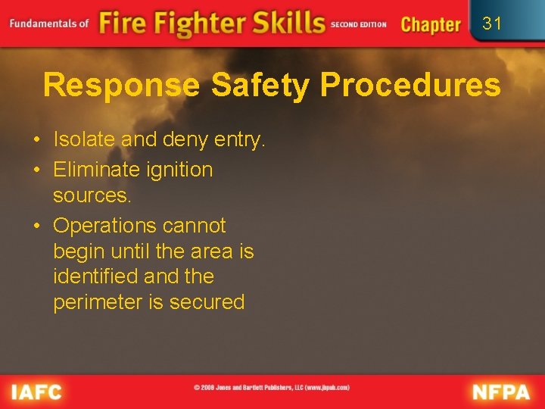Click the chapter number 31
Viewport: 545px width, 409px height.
click(x=492, y=23)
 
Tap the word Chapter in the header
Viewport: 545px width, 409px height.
click(x=430, y=24)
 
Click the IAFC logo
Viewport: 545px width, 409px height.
click(x=36, y=392)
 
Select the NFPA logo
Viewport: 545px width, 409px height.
click(x=502, y=392)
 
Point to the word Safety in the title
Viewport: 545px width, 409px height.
click(x=260, y=86)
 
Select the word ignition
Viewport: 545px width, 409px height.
click(x=179, y=170)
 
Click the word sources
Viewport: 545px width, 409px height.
click(x=92, y=195)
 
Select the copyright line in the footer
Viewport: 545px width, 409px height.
click(x=272, y=388)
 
